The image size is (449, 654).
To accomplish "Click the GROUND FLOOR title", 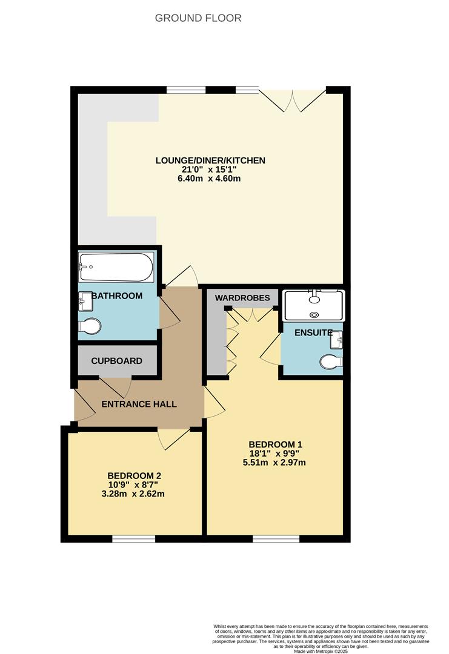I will [x=198, y=18].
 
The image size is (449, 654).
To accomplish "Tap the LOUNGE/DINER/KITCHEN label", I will [x=210, y=160].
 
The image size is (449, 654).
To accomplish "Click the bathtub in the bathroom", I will [x=116, y=267].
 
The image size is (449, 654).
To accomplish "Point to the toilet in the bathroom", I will [x=90, y=326].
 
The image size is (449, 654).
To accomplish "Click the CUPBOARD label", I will [x=116, y=361].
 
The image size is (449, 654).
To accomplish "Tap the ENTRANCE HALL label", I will [x=139, y=404].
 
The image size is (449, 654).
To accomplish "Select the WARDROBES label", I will [x=242, y=298].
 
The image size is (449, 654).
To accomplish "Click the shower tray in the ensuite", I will [x=313, y=305].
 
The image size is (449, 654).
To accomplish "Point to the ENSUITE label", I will [x=313, y=333].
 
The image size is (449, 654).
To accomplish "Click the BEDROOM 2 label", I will [x=134, y=475].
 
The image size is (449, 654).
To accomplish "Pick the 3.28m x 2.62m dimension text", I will [x=134, y=494].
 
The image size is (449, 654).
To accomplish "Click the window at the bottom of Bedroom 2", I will [x=134, y=538].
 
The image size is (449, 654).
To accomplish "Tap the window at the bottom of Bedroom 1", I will [x=276, y=538].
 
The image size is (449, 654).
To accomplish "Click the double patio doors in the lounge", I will [x=292, y=99].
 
